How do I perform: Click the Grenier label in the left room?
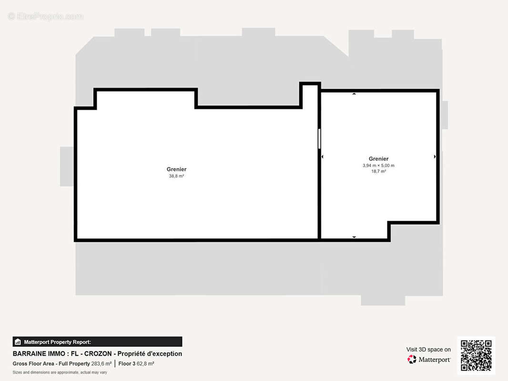click(x=176, y=169)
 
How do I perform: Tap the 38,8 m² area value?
click(x=176, y=176)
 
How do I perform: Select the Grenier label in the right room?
click(x=378, y=159)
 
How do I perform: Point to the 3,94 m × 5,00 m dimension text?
click(x=378, y=165)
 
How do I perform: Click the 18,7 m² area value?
click(x=378, y=171)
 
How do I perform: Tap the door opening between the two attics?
click(x=319, y=139)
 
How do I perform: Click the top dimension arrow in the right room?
click(x=354, y=94)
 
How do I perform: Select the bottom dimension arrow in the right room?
click(x=354, y=237)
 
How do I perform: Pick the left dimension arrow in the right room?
click(x=323, y=156)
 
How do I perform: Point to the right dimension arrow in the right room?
click(x=435, y=156)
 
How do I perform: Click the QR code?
click(x=476, y=355)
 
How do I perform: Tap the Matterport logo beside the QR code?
click(x=429, y=360)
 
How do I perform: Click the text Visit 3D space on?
click(x=428, y=350)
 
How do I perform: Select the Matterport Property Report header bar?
click(x=97, y=341)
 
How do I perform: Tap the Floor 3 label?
click(x=127, y=364)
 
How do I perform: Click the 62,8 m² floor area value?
click(x=145, y=364)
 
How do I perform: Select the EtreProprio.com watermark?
click(x=46, y=17)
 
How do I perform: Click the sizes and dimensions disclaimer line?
click(x=60, y=372)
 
